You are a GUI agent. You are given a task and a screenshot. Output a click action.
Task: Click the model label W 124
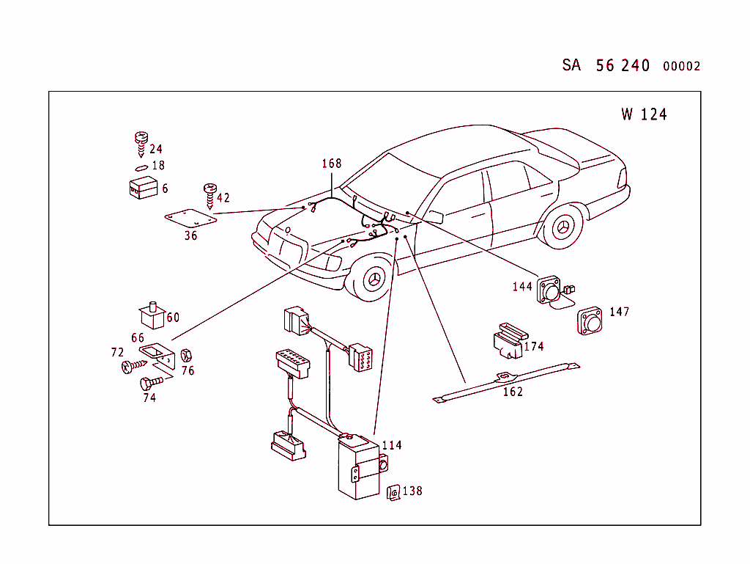[644, 114]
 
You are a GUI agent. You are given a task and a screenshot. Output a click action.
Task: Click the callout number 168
[332, 164]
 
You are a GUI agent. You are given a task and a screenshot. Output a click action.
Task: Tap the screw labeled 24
[141, 144]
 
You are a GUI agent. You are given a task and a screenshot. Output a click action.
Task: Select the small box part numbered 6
[143, 187]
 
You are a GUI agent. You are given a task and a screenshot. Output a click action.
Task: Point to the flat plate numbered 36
[190, 219]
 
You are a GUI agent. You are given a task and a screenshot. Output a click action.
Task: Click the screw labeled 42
[210, 196]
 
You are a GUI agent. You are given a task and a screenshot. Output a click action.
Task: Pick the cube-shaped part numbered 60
[152, 315]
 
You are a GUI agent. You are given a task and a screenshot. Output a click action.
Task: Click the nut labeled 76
[186, 356]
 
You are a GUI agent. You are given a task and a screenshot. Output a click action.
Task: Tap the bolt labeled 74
[151, 383]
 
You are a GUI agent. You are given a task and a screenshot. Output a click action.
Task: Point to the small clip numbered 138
[393, 492]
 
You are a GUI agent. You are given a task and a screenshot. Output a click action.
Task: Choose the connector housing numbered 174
[510, 341]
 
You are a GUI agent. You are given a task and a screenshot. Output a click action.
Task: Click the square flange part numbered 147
[590, 321]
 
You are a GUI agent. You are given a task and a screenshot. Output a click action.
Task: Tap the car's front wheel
[374, 279]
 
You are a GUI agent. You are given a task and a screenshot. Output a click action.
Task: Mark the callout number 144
[521, 287]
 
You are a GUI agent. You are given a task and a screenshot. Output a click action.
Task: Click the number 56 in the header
[605, 65]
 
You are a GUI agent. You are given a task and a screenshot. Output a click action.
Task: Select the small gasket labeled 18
[141, 168]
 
